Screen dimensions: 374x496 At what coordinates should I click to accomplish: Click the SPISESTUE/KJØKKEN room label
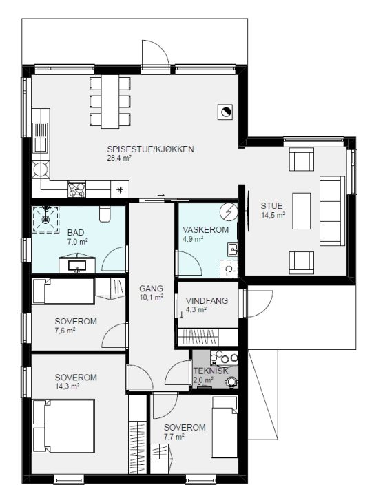[x=150, y=149]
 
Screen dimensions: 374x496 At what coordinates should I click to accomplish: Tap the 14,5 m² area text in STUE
[x=273, y=216]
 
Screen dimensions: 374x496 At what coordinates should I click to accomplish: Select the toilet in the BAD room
[x=104, y=213]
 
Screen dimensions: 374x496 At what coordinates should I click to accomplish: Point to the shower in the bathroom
[x=46, y=219]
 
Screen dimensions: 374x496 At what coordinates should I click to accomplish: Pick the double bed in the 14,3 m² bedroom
[x=63, y=426]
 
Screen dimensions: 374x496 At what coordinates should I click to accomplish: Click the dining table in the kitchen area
[x=110, y=101]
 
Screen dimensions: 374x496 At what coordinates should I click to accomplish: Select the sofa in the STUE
[x=332, y=211]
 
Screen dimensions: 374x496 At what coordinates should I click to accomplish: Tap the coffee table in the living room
[x=301, y=211]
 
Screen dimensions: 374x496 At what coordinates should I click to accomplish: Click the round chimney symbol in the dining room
[x=225, y=112]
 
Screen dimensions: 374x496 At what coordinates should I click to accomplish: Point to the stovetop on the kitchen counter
[x=77, y=189]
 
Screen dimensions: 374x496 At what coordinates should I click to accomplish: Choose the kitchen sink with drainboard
[x=41, y=138]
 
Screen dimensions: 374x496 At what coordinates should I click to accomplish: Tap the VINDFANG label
[x=207, y=300]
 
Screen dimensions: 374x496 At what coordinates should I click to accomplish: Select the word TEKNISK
[x=211, y=371]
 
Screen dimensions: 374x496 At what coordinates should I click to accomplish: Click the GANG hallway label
[x=152, y=289]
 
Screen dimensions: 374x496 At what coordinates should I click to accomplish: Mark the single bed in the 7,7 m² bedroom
[x=225, y=427]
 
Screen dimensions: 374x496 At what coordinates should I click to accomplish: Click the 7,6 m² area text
[x=65, y=331]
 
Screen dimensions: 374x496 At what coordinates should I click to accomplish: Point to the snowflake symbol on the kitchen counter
[x=120, y=189]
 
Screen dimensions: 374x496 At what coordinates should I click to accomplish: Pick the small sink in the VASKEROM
[x=233, y=249]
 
